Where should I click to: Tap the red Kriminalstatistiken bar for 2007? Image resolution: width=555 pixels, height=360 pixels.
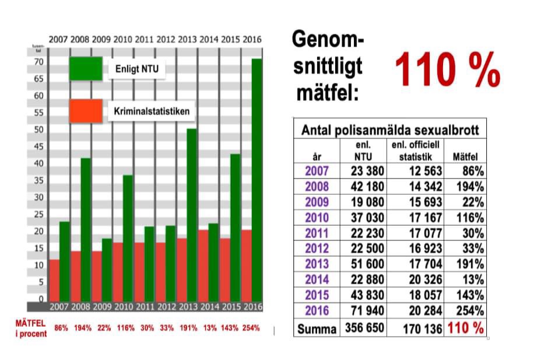pyautogui.click(x=54, y=280)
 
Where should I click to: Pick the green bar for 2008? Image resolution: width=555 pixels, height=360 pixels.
pyautogui.click(x=85, y=204)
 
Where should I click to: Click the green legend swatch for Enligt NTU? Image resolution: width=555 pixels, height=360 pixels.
pyautogui.click(x=86, y=69)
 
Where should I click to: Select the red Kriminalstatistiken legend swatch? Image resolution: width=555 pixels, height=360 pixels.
pyautogui.click(x=86, y=111)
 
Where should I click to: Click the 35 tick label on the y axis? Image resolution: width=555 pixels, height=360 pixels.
pyautogui.click(x=39, y=181)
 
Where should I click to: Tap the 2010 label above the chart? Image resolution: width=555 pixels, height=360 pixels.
pyautogui.click(x=122, y=40)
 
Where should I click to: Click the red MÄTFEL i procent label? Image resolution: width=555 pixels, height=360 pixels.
pyautogui.click(x=31, y=328)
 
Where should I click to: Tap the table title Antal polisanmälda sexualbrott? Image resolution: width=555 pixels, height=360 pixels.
pyautogui.click(x=389, y=130)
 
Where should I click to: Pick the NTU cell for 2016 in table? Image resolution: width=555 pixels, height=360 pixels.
pyautogui.click(x=367, y=310)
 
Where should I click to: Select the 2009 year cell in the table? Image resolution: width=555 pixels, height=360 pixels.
pyautogui.click(x=317, y=202)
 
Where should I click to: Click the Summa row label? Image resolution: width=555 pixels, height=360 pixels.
pyautogui.click(x=317, y=328)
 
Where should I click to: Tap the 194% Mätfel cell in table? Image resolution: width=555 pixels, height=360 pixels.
pyautogui.click(x=470, y=187)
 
